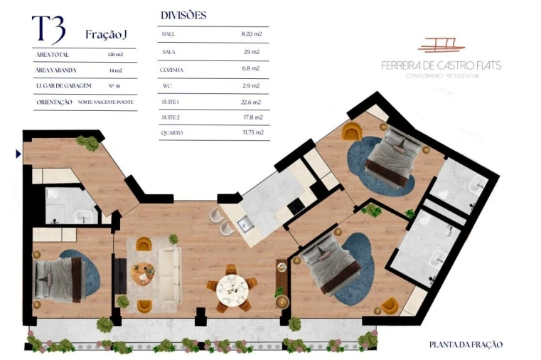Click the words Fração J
(x=107, y=34)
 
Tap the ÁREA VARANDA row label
(x=55, y=70)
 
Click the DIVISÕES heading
(x=183, y=15)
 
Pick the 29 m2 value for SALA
(x=252, y=52)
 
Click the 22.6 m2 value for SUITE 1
(x=252, y=101)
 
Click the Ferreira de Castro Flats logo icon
(x=441, y=45)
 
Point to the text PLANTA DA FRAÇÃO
(x=466, y=344)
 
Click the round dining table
(x=231, y=288)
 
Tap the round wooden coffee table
(x=144, y=270)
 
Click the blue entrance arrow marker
(x=18, y=153)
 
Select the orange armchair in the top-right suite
(x=351, y=132)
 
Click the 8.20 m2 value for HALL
(x=252, y=34)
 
